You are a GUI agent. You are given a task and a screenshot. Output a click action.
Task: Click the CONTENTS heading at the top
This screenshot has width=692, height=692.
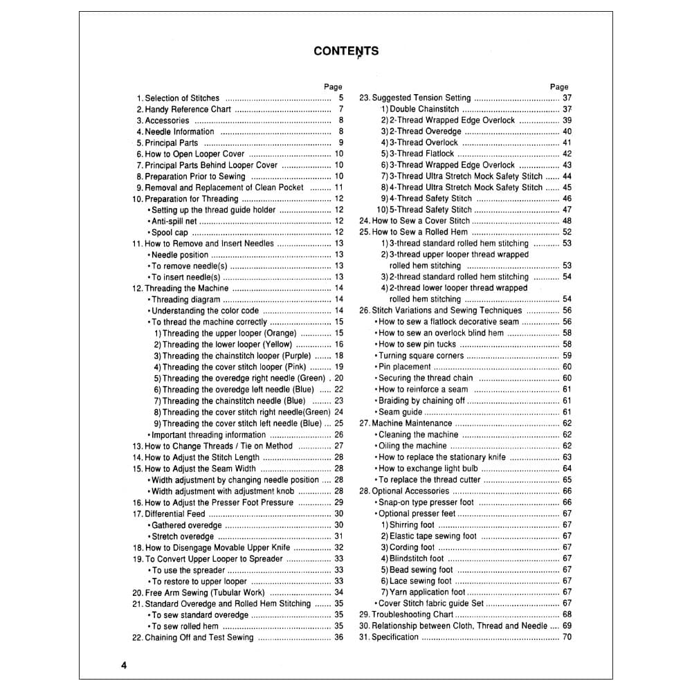coord(346,51)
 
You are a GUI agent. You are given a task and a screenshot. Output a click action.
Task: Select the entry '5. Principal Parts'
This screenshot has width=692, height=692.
coord(167,143)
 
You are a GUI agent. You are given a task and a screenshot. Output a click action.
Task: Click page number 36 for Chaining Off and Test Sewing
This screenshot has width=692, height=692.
coord(338,637)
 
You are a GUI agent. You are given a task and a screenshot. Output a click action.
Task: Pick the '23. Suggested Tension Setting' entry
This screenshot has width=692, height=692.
coord(415,98)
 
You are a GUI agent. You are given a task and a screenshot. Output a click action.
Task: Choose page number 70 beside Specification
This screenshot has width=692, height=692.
coord(567,637)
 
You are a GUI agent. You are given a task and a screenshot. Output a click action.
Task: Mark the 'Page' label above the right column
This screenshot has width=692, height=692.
coord(559,87)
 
